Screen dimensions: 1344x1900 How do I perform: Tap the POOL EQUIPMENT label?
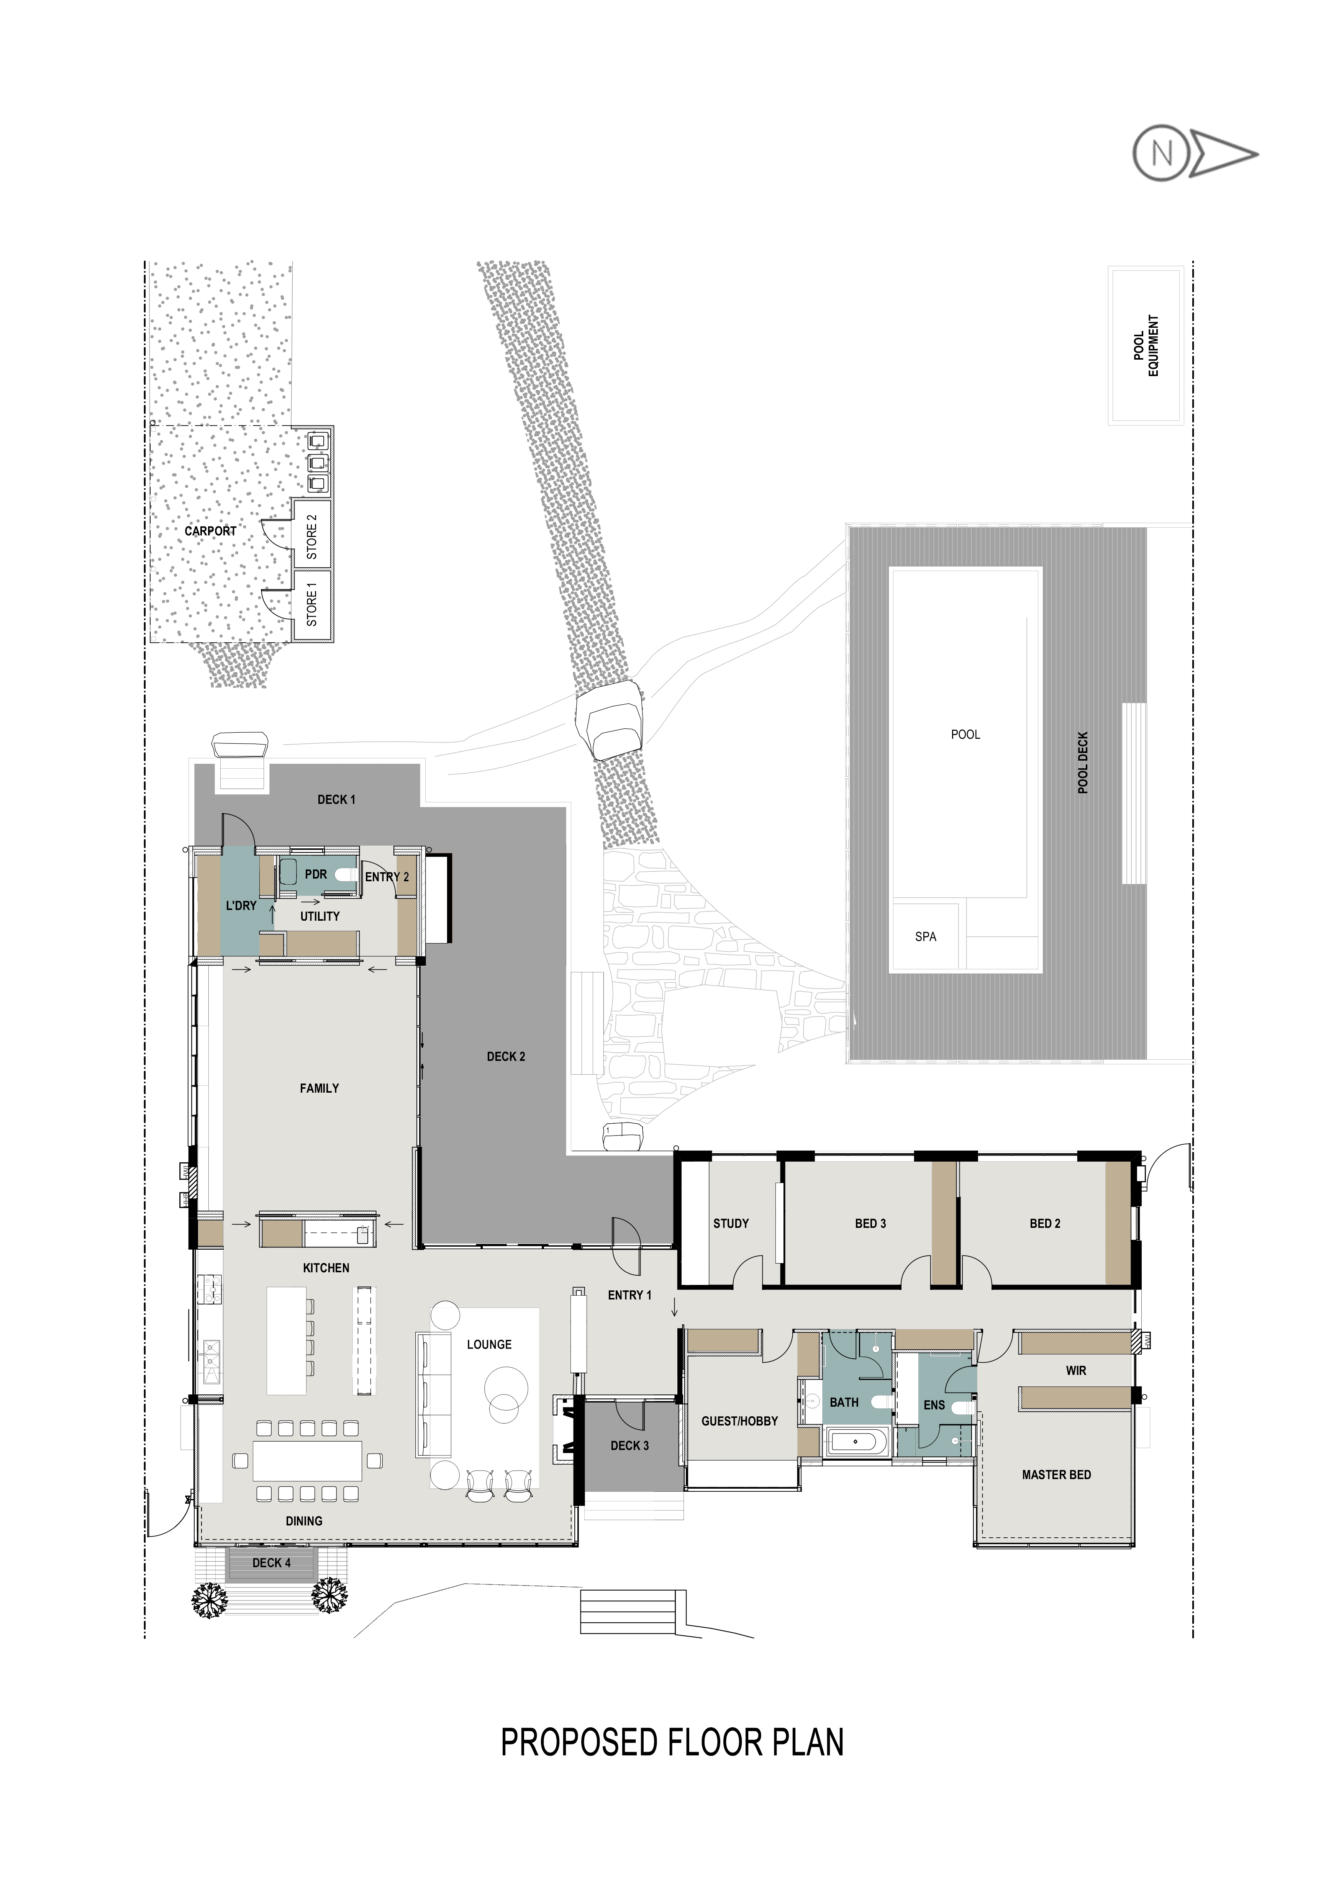coord(1146,345)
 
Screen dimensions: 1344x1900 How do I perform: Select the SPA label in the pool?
coord(925,937)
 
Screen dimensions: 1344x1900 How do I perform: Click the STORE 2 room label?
coord(312,536)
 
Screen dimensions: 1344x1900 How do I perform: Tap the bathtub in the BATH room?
coord(856,1442)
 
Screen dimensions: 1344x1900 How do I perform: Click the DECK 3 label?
coord(630,1446)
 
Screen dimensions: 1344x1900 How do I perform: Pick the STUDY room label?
coord(731,1223)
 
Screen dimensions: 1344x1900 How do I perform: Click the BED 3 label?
coord(870,1223)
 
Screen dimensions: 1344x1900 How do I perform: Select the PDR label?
coord(316,874)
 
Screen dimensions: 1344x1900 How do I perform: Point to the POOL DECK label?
coord(1082,762)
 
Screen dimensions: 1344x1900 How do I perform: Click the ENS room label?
coord(934,1405)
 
